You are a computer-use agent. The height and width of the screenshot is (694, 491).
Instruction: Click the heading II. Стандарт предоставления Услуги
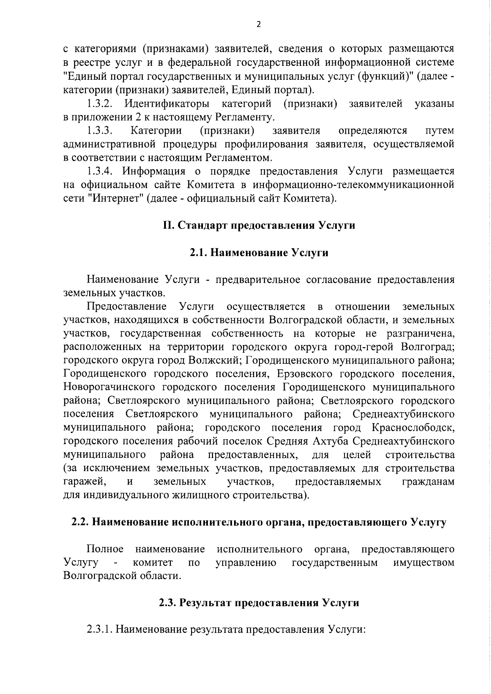click(259, 225)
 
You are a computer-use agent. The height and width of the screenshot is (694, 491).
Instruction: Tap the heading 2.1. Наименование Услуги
click(259, 253)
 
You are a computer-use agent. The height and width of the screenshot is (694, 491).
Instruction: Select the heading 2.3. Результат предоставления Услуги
click(259, 603)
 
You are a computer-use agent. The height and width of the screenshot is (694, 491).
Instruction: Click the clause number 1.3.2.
click(100, 104)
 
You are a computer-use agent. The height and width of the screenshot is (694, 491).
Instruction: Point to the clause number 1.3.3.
click(100, 131)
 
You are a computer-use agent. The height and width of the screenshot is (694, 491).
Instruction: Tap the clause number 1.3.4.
click(100, 171)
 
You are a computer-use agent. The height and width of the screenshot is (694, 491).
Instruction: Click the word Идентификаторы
click(167, 104)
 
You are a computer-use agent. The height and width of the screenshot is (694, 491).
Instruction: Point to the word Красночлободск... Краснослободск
click(414, 428)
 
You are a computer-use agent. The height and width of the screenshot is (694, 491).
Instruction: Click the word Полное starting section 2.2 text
click(105, 549)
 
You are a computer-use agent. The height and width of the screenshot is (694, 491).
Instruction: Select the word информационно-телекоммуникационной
click(353, 185)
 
